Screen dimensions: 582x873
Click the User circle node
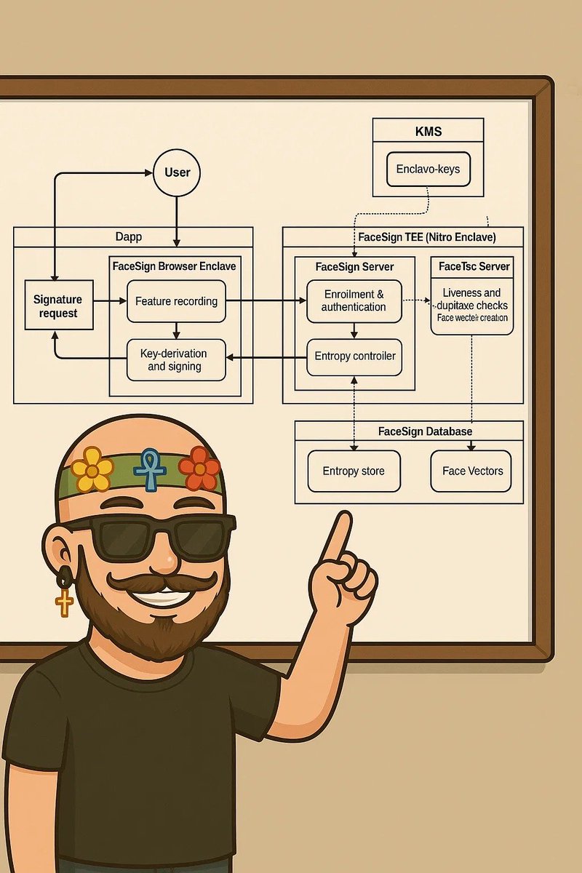(177, 172)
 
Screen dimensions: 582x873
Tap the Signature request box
(58, 305)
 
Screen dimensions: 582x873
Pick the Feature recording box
(176, 301)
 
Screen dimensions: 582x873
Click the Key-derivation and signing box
(176, 359)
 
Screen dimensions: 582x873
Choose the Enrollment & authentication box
(354, 300)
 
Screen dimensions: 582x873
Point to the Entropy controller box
(354, 356)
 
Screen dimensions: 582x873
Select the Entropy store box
(354, 471)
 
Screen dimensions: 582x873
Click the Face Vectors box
(472, 471)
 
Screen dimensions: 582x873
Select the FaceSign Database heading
(426, 431)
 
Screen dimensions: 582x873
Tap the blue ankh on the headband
(151, 469)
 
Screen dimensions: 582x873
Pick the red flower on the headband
(199, 468)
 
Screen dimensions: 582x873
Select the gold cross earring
(65, 601)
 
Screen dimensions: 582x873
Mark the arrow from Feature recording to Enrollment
(262, 300)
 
